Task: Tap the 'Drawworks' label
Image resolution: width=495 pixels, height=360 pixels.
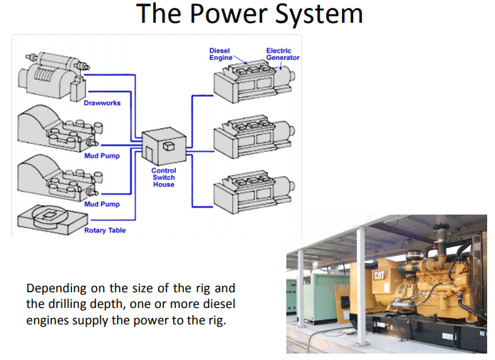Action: point(102,103)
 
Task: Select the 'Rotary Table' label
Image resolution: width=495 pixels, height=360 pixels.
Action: point(105,230)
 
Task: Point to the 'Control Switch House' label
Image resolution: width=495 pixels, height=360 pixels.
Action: point(164,178)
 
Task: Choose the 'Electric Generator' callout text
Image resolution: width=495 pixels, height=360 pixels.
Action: point(283,53)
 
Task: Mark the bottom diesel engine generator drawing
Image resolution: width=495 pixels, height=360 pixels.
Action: point(254,191)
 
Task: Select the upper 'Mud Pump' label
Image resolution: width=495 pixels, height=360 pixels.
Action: point(102,155)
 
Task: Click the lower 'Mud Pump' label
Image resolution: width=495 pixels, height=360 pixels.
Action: point(102,205)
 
